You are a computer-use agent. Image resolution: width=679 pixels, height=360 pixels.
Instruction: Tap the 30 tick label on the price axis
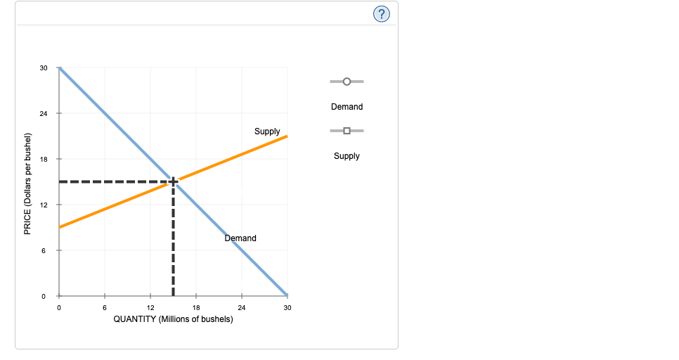click(44, 68)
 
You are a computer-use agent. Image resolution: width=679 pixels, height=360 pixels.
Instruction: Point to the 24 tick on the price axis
click(44, 114)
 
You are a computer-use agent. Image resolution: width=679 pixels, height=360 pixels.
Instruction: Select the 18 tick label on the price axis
click(44, 160)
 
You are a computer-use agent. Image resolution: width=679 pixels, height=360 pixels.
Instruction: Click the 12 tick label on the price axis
click(44, 205)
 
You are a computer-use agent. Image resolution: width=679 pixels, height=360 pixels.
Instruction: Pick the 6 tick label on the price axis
click(44, 251)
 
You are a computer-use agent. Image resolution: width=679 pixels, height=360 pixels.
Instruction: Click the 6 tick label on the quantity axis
click(105, 308)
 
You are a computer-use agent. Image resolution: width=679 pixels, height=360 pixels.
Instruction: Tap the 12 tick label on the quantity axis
click(150, 308)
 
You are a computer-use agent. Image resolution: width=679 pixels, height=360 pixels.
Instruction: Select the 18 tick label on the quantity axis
click(196, 308)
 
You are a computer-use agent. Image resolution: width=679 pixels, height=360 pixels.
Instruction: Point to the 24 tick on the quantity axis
click(242, 308)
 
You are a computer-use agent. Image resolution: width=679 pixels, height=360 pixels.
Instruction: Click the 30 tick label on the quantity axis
click(287, 308)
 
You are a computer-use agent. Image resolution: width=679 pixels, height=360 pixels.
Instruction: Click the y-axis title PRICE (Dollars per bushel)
click(28, 183)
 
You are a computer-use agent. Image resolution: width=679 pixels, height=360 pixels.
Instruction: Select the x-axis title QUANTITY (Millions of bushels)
click(173, 319)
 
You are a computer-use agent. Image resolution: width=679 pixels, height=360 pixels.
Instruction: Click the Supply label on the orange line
click(267, 131)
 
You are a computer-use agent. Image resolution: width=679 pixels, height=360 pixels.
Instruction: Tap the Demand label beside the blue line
click(240, 238)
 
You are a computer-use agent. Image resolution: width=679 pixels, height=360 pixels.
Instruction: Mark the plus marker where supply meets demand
click(173, 181)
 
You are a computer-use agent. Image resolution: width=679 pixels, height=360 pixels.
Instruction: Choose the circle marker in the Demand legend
click(347, 82)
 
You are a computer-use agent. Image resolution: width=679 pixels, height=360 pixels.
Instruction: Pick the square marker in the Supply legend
click(347, 131)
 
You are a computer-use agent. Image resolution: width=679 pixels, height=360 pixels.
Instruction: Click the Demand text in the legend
click(347, 107)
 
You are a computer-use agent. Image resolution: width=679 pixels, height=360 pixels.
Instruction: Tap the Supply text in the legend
click(347, 156)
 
